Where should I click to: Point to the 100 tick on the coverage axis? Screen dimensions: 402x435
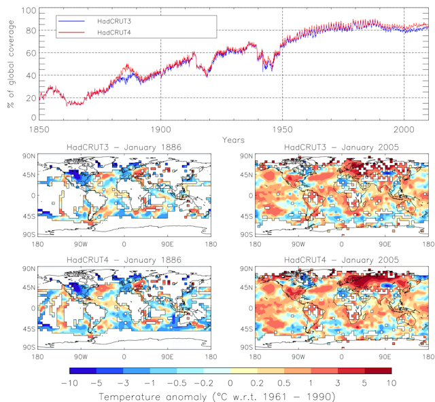pyautogui.click(x=29, y=10)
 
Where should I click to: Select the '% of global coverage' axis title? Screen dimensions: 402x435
pyautogui.click(x=10, y=65)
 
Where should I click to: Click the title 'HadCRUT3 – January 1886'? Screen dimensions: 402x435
pyautogui.click(x=123, y=149)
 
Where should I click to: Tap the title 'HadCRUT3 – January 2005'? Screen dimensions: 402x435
pyautogui.click(x=341, y=149)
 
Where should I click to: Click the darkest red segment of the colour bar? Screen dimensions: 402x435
pyautogui.click(x=379, y=371)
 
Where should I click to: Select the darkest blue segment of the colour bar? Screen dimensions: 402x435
pyautogui.click(x=83, y=371)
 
